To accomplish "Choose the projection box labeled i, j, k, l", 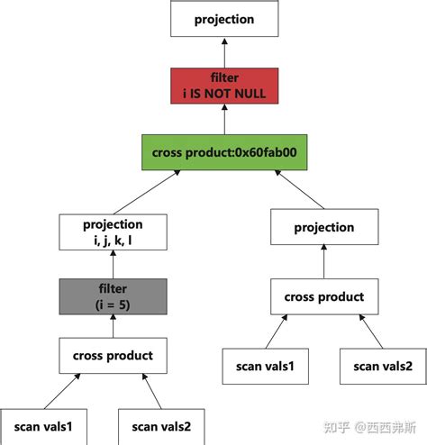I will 113,232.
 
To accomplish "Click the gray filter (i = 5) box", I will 113,297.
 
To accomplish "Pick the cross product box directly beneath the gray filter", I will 113,355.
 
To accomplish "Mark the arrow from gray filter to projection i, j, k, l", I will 113,264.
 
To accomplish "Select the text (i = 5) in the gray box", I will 113,304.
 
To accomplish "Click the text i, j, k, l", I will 113,240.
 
